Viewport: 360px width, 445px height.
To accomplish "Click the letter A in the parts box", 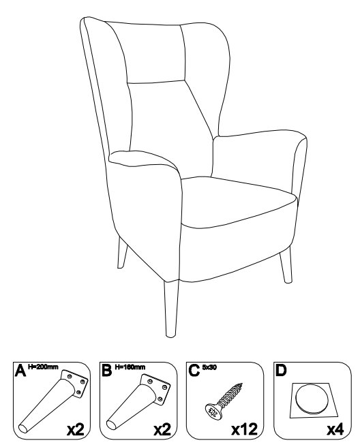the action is [20, 370].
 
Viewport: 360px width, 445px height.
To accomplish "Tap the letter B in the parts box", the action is [106, 370].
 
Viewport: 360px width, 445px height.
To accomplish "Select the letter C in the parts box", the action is [194, 370].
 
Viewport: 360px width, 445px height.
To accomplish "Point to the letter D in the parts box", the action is [281, 370].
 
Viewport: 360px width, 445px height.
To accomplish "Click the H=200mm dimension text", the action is [43, 367].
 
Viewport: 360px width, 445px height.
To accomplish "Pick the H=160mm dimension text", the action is [130, 367].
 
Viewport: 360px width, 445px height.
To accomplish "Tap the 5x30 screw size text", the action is [209, 367].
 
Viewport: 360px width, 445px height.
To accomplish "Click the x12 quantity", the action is [245, 429].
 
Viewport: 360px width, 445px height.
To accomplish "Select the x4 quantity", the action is [335, 429].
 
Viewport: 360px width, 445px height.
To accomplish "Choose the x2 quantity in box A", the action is [76, 429].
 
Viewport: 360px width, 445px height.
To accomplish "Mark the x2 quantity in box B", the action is [162, 429].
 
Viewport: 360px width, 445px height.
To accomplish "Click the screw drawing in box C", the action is [224, 401].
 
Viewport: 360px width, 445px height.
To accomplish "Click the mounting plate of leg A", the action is [74, 384].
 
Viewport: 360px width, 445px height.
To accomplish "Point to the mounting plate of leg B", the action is [155, 388].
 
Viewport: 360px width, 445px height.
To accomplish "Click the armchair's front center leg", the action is [172, 309].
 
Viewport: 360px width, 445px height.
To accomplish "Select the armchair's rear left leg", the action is [122, 253].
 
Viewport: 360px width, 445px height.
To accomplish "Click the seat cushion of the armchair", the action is [239, 202].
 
